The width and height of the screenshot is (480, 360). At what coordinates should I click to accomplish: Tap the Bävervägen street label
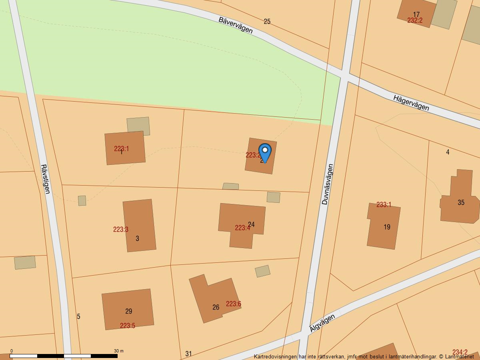click(x=236, y=25)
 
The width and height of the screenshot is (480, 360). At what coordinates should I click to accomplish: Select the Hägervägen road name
click(x=411, y=103)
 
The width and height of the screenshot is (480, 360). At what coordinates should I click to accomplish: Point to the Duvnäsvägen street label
click(x=327, y=184)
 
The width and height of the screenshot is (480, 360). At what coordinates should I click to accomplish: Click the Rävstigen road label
click(x=45, y=179)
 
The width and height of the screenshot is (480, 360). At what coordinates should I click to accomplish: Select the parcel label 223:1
click(x=122, y=149)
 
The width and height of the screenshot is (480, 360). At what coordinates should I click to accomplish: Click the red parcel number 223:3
click(x=120, y=230)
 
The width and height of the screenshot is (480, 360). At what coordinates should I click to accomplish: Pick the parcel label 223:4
click(x=242, y=228)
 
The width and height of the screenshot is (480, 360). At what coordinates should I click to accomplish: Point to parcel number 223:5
click(x=128, y=326)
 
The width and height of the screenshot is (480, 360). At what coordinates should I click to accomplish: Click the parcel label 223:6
click(x=234, y=304)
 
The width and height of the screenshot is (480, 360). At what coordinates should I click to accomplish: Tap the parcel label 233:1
click(x=384, y=205)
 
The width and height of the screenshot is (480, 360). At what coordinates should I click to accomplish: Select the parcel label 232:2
click(x=415, y=20)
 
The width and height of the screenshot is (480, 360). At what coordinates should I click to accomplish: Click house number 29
click(x=128, y=311)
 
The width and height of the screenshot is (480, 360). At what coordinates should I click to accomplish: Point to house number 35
click(x=461, y=202)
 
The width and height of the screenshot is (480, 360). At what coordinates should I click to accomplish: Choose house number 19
click(x=387, y=227)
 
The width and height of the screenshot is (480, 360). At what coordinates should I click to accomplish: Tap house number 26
click(x=216, y=307)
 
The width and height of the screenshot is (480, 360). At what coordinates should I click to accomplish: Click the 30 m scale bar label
click(x=119, y=351)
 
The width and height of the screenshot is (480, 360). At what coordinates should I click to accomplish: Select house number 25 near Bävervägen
click(x=267, y=22)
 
